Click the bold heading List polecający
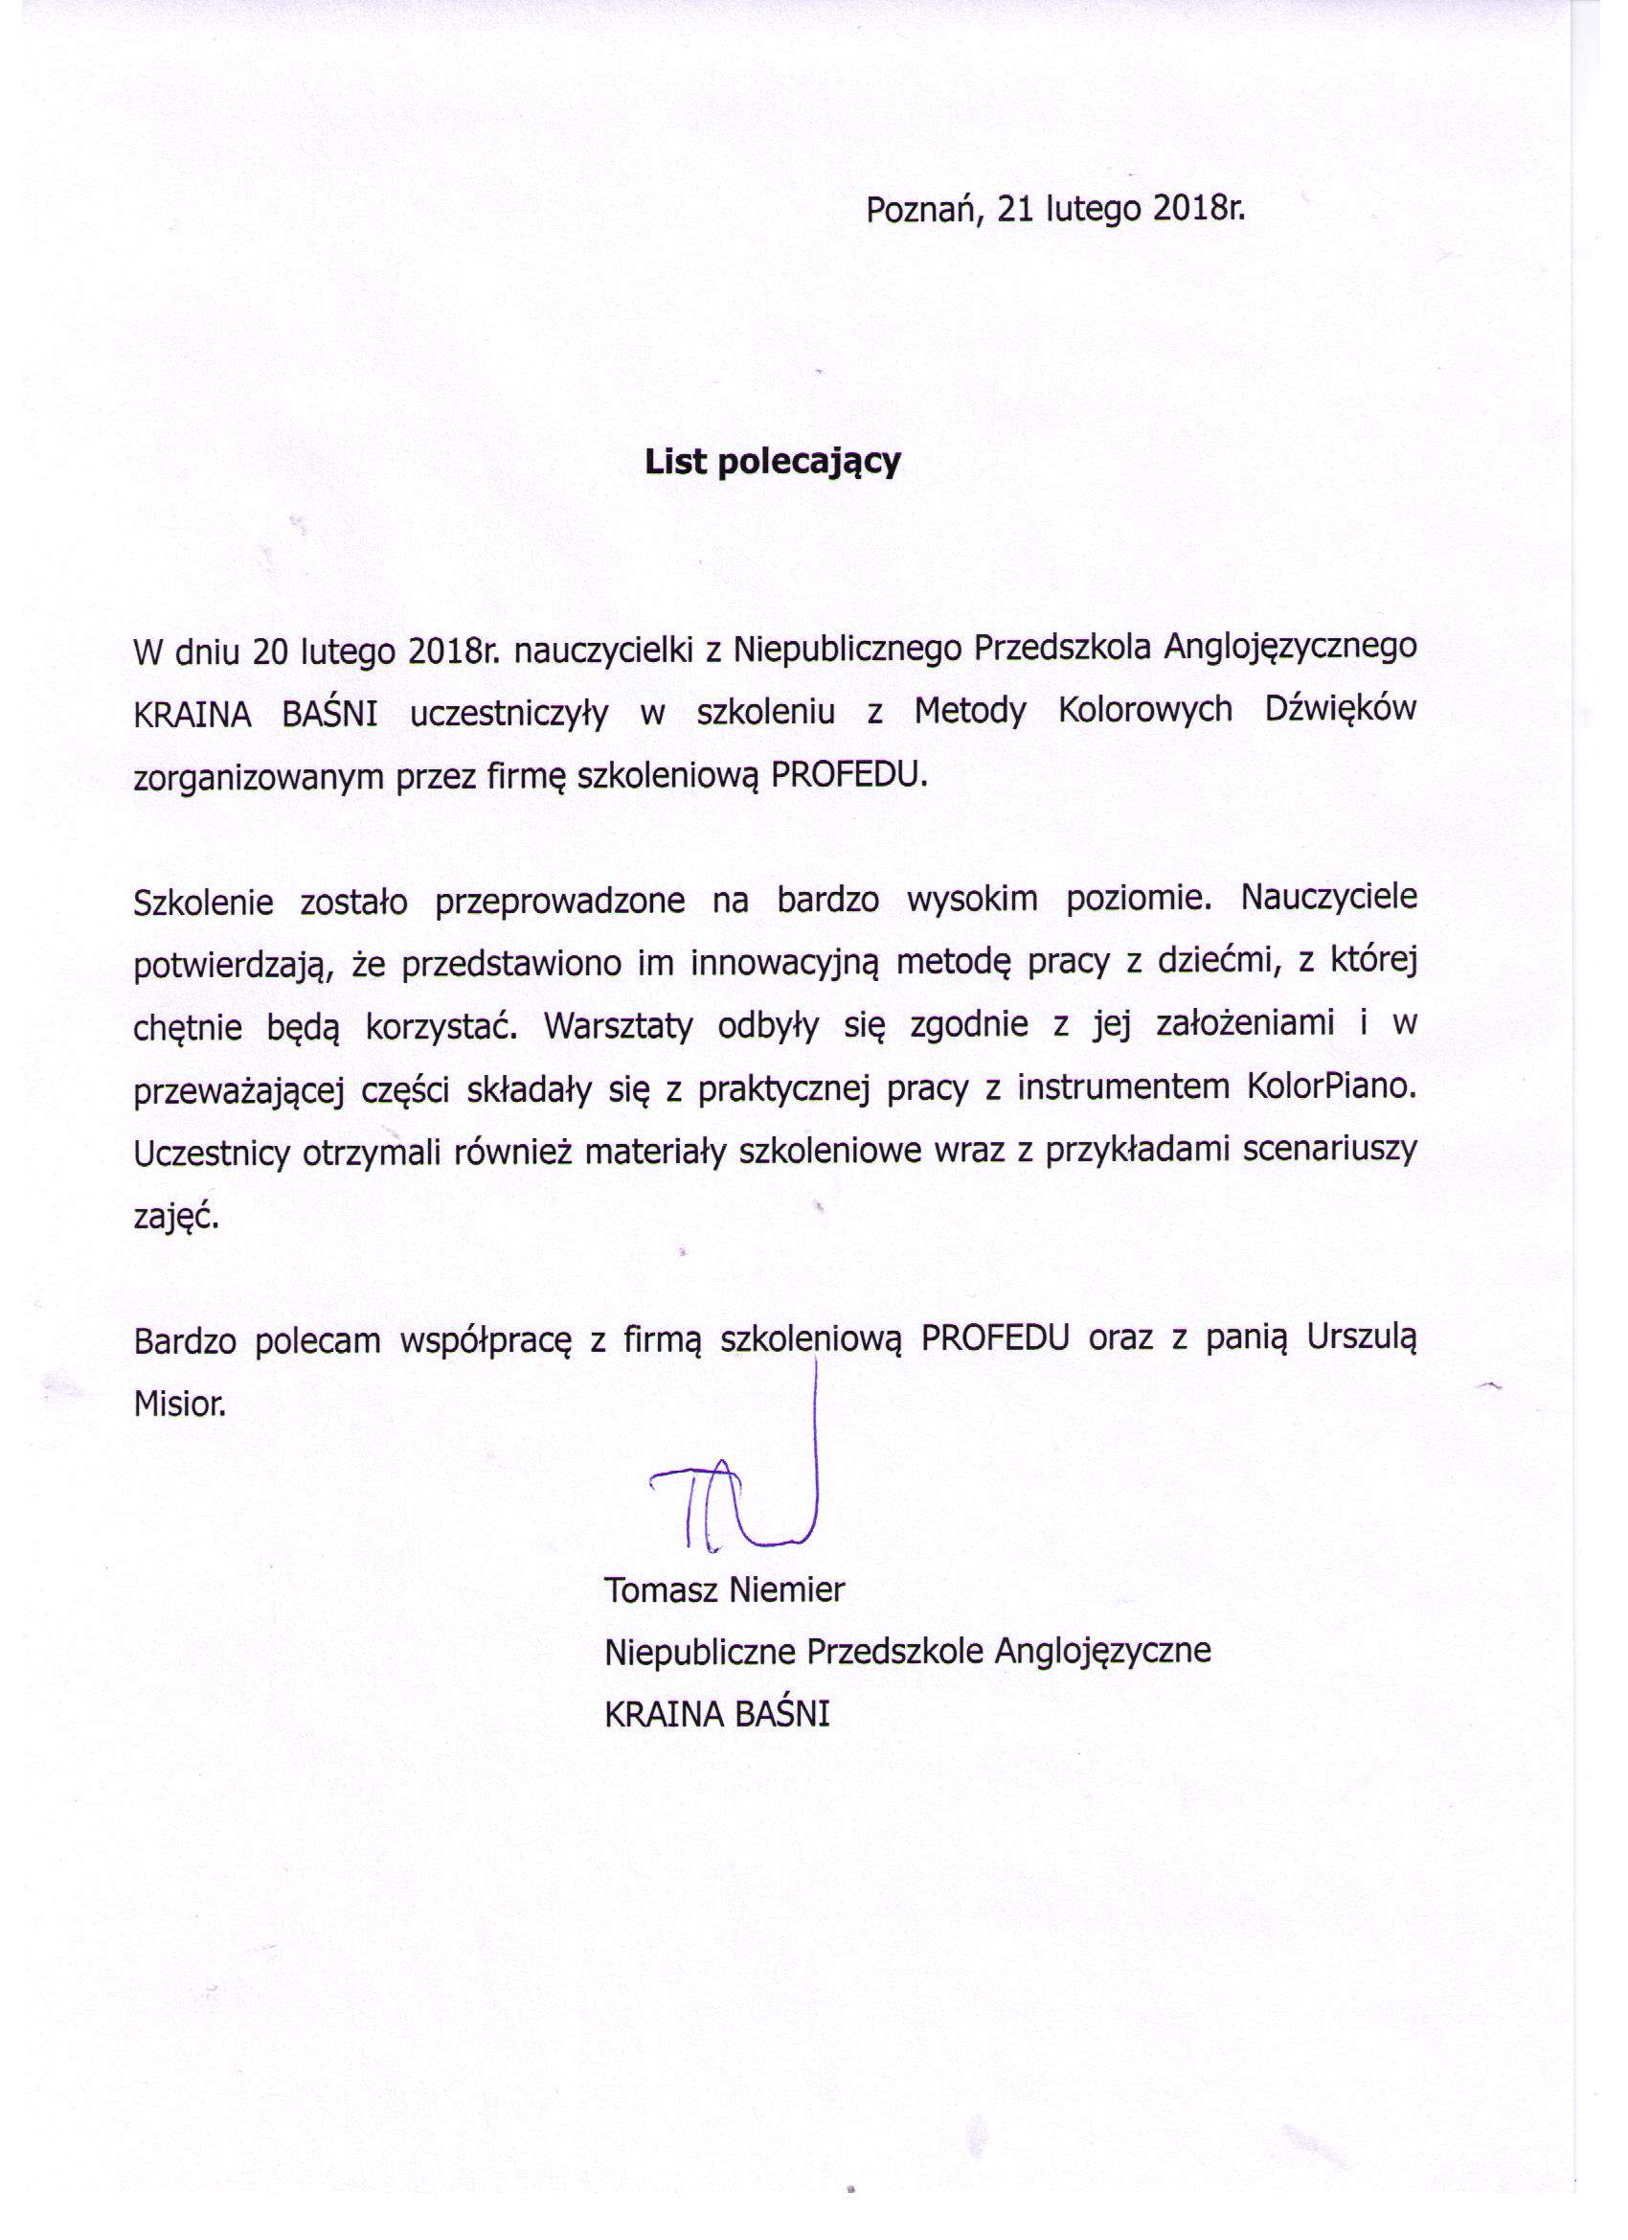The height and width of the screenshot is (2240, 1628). [x=773, y=462]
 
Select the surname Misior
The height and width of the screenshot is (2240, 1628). [x=179, y=1404]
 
